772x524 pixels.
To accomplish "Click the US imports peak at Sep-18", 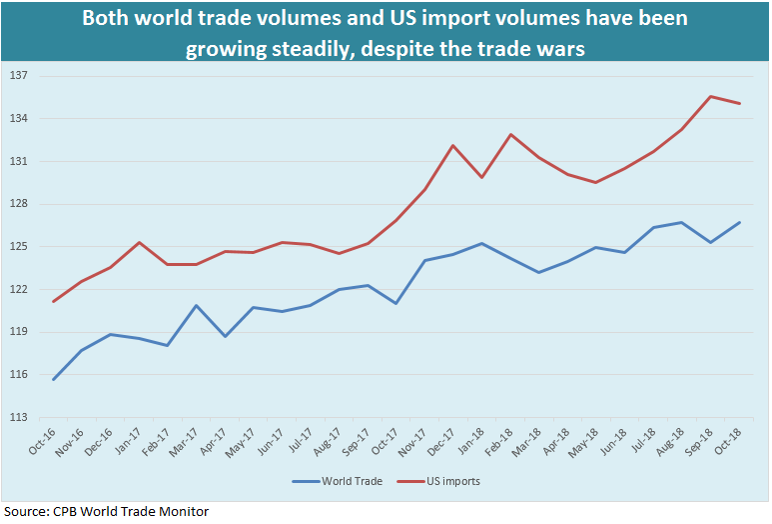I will coord(710,96).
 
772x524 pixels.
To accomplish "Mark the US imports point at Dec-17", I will coord(453,145).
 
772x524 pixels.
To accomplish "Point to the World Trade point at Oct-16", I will coord(54,380).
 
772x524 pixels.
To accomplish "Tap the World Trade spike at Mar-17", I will coord(197,305).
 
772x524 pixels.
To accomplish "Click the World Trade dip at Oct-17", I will coord(396,303).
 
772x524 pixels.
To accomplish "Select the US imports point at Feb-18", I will coord(510,134).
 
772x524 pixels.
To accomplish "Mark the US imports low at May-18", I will coord(596,182).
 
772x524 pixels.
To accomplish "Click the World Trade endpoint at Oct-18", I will coord(739,222).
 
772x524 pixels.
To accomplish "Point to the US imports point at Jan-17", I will coord(140,242).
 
